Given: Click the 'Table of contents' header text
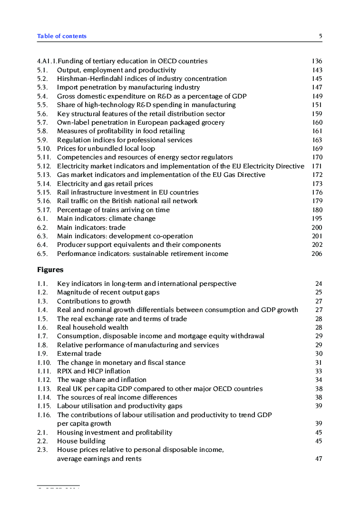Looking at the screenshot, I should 62,36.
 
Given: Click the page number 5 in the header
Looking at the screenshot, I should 321,36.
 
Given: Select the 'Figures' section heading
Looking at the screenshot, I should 50,270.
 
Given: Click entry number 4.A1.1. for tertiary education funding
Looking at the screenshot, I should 47,61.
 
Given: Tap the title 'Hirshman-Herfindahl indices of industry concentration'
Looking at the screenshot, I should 142,78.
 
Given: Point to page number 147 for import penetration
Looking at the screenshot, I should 317,88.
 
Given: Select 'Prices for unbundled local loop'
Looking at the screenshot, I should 106,148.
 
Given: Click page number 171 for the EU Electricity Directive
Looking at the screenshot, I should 317,166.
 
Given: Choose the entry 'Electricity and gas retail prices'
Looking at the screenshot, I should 105,184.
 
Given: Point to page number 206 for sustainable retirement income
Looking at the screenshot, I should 317,254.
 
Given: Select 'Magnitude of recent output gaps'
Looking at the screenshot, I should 108,293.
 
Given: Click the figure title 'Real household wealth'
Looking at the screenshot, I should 92,327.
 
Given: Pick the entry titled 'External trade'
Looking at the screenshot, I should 79,353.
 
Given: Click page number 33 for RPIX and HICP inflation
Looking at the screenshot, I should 319,371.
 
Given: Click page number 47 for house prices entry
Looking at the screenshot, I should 319,459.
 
